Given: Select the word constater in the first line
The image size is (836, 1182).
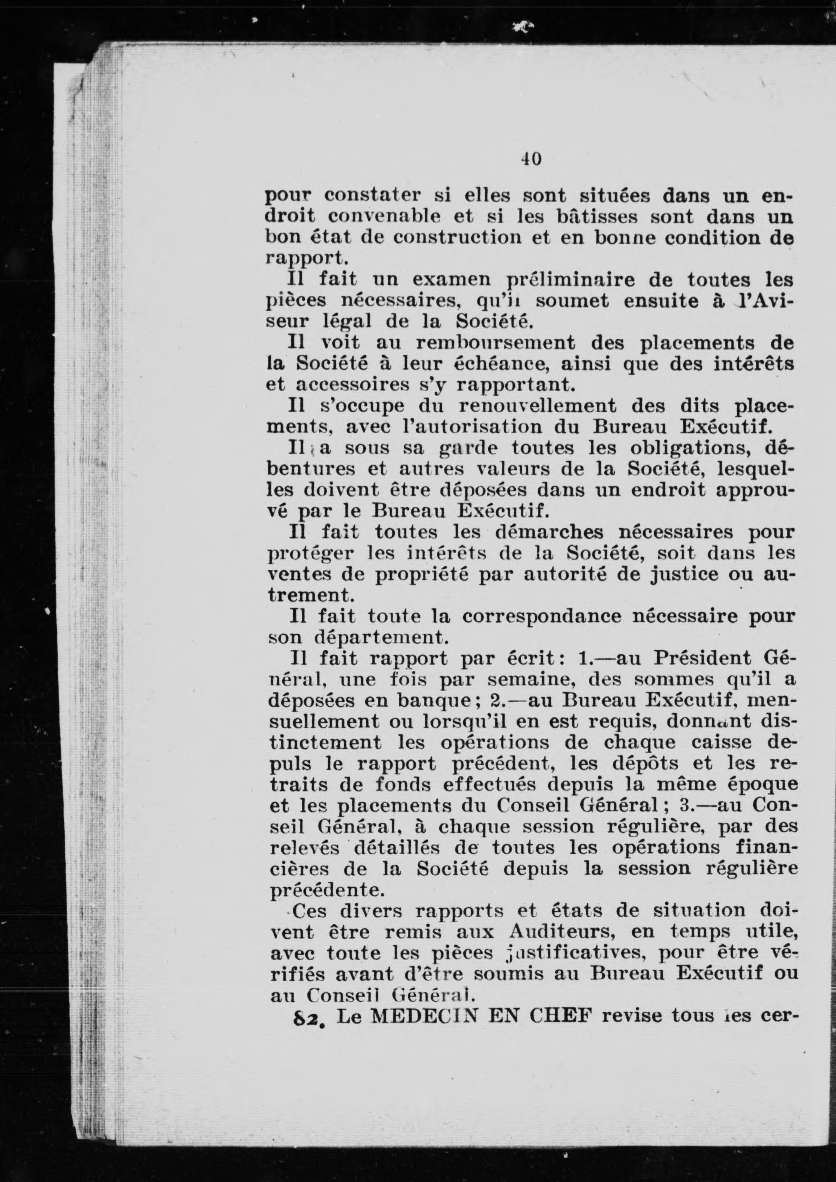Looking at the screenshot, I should [x=373, y=196].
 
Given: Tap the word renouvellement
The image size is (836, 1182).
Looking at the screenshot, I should [x=537, y=406].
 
